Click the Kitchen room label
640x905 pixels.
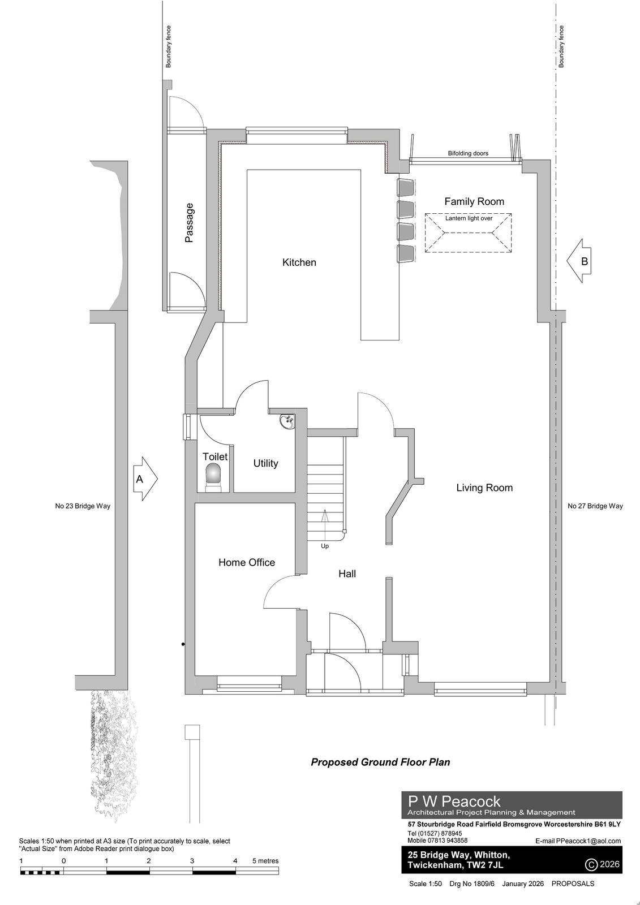pos(299,262)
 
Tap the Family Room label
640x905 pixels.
pos(474,201)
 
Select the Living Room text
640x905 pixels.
pos(484,488)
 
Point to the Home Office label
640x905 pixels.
pos(247,562)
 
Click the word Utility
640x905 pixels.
pos(265,463)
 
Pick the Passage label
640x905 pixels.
pos(190,223)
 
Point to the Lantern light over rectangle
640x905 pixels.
pos(469,233)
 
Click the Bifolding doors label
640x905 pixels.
pos(468,153)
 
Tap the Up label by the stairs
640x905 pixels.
pos(325,546)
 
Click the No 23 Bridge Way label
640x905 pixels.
pos(83,506)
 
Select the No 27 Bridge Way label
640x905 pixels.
pos(595,506)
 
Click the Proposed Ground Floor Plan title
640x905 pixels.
pos(380,762)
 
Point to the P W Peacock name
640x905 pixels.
pos(454,801)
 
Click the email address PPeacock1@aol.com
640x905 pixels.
pos(589,841)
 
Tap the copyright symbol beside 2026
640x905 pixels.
pos(591,864)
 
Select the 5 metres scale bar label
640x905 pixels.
pos(265,861)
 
